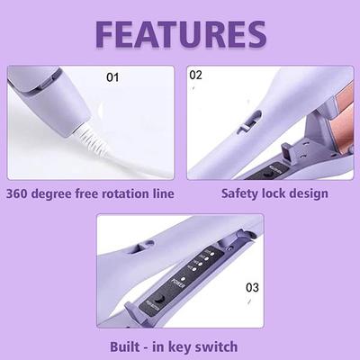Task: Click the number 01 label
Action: (x=112, y=77)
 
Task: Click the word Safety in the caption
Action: (x=241, y=193)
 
